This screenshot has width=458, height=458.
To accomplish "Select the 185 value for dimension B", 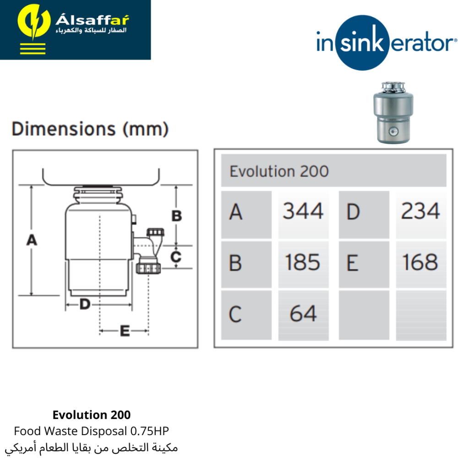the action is point(303,262).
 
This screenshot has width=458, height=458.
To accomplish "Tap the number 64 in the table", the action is point(303,313).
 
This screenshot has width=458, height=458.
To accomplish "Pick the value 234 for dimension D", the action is point(420,211).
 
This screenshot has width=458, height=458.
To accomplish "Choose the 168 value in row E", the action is point(420,262).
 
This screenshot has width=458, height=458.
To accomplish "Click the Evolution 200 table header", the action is point(279,171).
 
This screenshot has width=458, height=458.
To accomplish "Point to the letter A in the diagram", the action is point(32,240).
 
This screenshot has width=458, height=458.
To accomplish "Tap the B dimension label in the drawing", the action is point(177,216).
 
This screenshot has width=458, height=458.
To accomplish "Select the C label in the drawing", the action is point(176,257).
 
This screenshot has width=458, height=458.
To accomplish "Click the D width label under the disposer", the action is point(85,305).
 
